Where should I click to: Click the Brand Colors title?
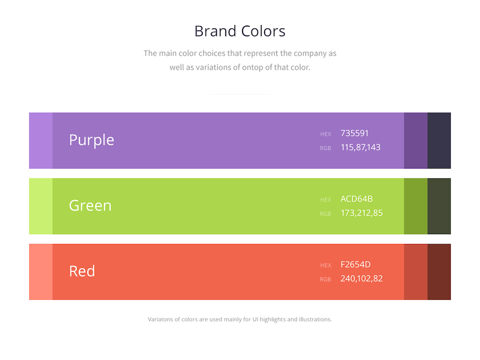[x=239, y=31]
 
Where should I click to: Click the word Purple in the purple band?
[x=91, y=140]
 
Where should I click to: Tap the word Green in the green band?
[x=90, y=205]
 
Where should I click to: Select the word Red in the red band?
[x=82, y=271]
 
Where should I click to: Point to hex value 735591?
[x=354, y=133]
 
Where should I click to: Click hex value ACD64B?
[x=356, y=199]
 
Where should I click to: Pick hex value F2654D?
[x=355, y=264]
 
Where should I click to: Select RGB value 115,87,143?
[x=360, y=147]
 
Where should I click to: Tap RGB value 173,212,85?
[x=361, y=213]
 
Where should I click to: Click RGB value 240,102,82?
[x=361, y=278]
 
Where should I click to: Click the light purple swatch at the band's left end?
[x=40, y=140]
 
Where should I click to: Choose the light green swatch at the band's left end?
[x=40, y=206]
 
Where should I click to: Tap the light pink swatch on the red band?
[x=40, y=272]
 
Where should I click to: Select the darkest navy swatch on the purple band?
[x=439, y=140]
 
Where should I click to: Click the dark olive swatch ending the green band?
[x=439, y=206]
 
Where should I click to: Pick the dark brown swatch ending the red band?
[x=439, y=272]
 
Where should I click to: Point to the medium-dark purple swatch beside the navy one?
[x=415, y=140]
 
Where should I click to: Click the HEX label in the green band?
[x=325, y=200]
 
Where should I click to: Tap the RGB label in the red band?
[x=325, y=279]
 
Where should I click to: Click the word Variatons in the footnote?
[x=160, y=319]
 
